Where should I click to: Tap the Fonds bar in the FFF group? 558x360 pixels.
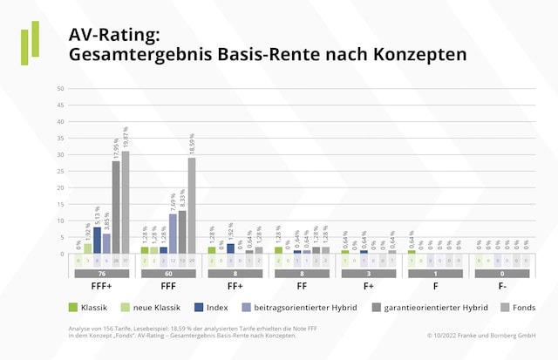(192, 206)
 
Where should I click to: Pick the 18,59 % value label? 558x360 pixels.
(192, 140)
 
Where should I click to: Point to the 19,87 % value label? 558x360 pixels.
(126, 134)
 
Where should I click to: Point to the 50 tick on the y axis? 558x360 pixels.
(60, 89)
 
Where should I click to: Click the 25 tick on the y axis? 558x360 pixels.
(60, 172)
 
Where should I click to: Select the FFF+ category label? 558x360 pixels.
(102, 285)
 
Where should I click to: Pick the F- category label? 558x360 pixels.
(503, 285)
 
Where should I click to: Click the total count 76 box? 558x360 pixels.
(102, 273)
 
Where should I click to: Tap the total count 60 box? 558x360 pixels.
(168, 273)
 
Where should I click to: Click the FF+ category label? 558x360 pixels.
(235, 285)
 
